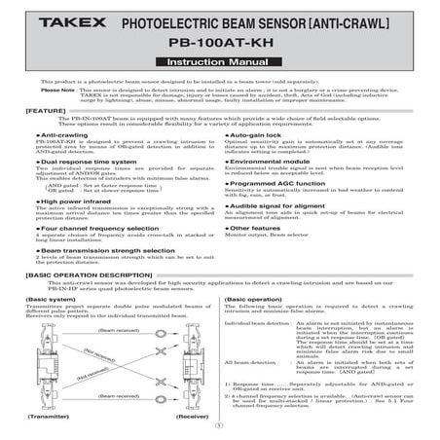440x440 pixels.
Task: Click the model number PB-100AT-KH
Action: coord(219,44)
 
